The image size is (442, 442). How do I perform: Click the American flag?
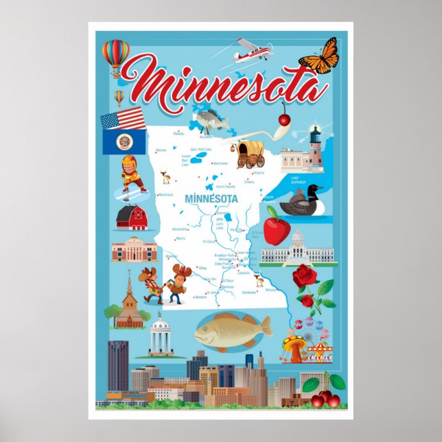point(123,119)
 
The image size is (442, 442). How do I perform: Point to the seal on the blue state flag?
point(125,142)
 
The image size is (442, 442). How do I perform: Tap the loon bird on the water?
point(307,202)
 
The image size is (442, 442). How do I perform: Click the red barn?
point(132,218)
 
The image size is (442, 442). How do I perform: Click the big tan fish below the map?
point(231,331)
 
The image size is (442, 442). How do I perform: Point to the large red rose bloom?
point(304,277)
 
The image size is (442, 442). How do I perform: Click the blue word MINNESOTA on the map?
point(211,198)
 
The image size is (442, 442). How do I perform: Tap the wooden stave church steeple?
point(128,285)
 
